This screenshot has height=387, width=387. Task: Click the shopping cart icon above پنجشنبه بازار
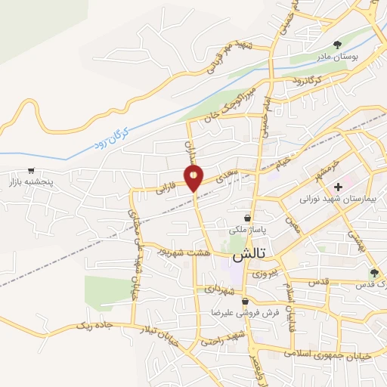tap(30, 170)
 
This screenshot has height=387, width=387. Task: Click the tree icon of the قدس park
tap(373, 273)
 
